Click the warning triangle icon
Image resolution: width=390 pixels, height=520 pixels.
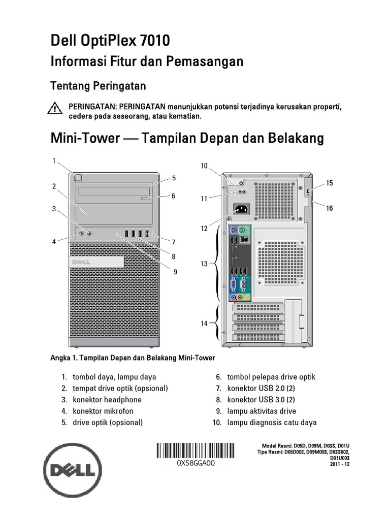point(53,107)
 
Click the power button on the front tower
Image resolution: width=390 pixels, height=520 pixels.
point(77,177)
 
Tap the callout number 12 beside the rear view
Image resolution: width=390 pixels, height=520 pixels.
point(204,229)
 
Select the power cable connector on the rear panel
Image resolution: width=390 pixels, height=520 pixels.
point(242,209)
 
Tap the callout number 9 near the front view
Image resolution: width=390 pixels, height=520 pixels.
point(175,272)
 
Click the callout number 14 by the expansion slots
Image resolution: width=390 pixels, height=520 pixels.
point(204,323)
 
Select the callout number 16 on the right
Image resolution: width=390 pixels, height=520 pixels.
point(330,208)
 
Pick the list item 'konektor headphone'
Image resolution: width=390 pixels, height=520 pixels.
point(107,400)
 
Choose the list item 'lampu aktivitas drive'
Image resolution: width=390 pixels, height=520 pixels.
point(262,411)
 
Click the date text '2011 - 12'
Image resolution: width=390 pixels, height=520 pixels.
point(340,464)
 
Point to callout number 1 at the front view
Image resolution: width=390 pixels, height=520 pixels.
point(53,161)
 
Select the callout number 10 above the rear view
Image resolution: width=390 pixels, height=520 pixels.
point(204,166)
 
